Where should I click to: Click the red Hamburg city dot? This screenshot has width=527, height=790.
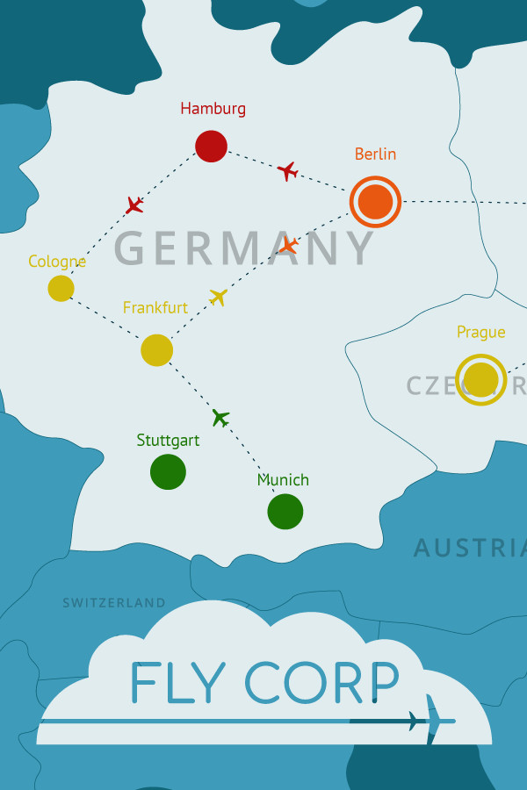pos(211,146)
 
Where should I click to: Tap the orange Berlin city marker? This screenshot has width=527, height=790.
pos(375,202)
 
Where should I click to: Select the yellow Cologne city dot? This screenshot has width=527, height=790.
pos(61,288)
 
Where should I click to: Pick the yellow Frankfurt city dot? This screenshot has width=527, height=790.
pos(156,350)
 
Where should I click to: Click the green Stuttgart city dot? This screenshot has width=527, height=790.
pos(168,471)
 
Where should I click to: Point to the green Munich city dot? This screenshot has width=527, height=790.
pos(285,512)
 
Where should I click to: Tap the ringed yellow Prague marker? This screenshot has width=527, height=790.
pos(480,379)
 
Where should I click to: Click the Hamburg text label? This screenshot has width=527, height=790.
pos(213,109)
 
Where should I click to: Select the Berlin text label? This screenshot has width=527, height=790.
pos(375,154)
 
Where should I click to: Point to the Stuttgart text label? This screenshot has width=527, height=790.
pos(168,441)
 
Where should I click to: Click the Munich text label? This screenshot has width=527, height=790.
pos(283,480)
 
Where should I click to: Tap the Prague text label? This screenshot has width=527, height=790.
pos(480,332)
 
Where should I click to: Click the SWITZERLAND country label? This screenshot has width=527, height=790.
pos(113,603)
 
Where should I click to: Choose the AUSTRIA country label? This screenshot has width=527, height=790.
pos(470,549)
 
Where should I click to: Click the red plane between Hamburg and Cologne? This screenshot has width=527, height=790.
pos(134,205)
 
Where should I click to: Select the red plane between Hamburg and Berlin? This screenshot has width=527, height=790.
pos(287,171)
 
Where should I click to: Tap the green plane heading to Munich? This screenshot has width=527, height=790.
pos(220,418)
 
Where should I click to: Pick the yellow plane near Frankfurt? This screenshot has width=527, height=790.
pos(219,297)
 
